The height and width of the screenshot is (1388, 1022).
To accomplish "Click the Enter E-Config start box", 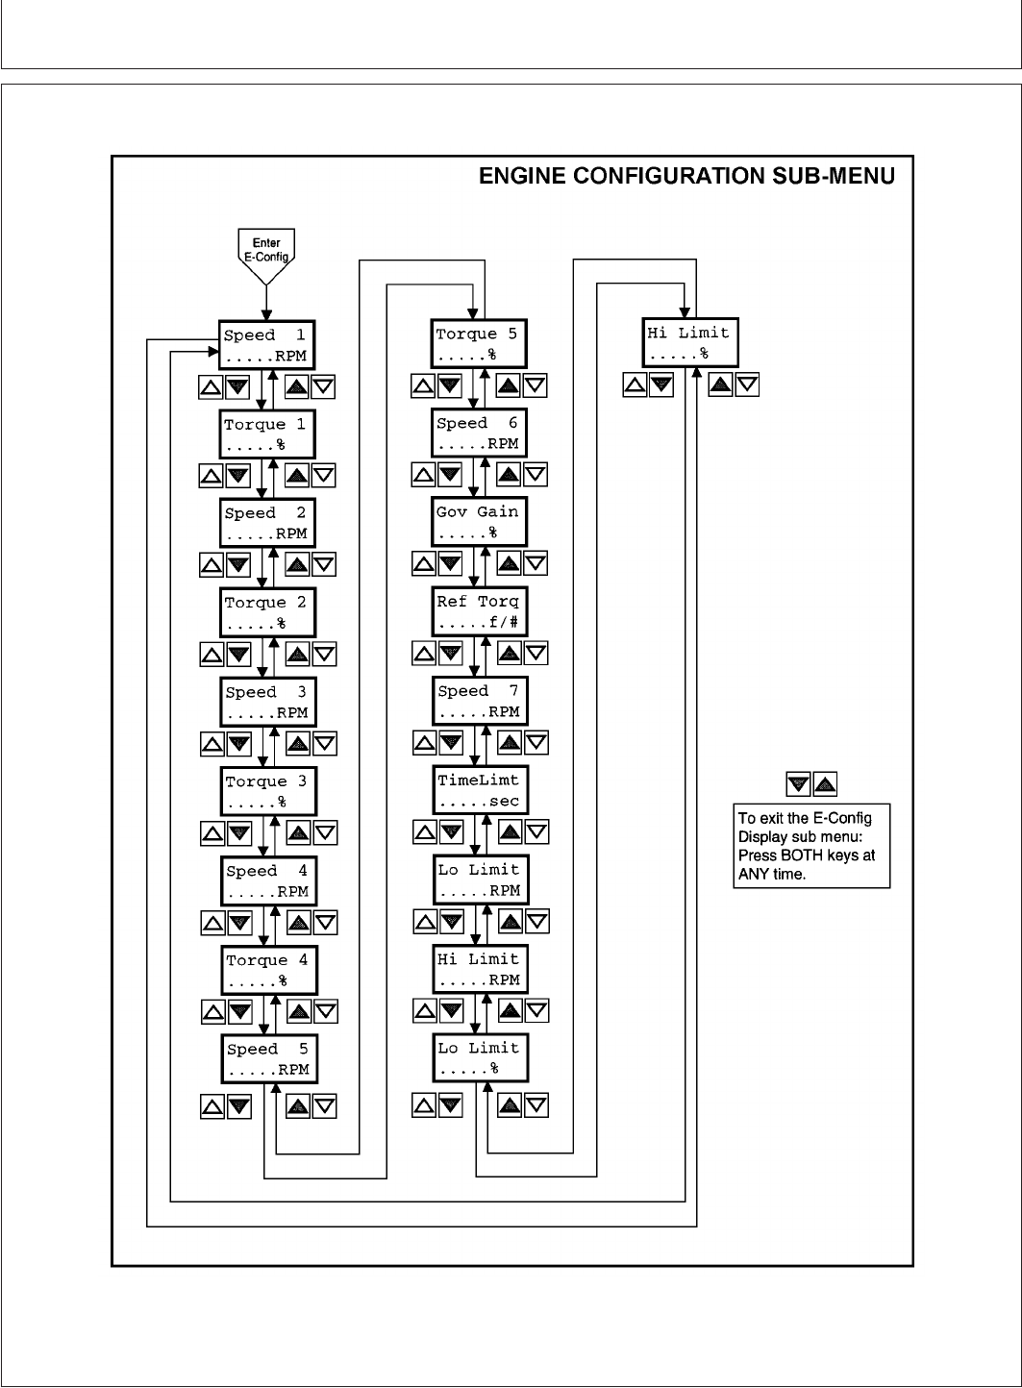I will pos(266,249).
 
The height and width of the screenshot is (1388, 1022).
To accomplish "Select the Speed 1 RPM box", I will pos(266,345).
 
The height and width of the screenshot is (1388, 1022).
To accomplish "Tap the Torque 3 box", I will pos(267,791).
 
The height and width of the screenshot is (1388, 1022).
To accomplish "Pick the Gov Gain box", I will pos(479,522).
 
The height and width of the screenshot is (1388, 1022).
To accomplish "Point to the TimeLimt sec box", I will pos(480,790).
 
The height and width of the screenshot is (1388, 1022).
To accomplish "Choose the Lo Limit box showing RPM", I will pos(480,880).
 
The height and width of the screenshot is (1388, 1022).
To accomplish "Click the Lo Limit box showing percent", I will pos(480,1058).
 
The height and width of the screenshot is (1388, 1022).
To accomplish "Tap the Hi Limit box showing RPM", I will pos(480,969).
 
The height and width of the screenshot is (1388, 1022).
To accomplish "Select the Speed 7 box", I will pos(480,701).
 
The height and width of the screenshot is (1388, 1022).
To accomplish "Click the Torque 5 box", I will pos(478,344).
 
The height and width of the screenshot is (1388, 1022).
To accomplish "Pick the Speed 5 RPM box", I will pos(268,1059).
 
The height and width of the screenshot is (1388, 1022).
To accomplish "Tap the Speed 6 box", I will pos(479,433).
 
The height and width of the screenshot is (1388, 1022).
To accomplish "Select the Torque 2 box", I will pos(267,612).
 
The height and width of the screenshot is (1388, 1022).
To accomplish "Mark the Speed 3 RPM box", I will pos(267,702).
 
